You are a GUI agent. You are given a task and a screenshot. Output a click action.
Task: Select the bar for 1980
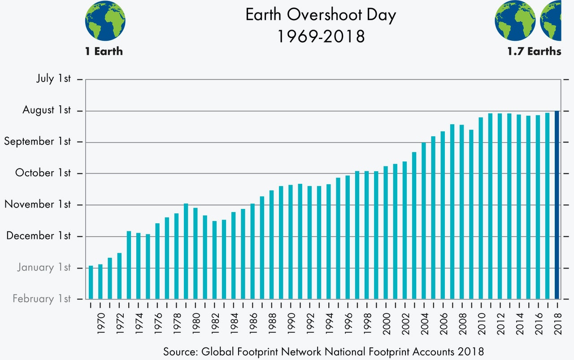[x=196, y=253]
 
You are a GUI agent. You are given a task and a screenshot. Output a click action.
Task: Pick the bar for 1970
[x=100, y=282]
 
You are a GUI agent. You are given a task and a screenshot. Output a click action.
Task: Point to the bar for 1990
[x=291, y=242]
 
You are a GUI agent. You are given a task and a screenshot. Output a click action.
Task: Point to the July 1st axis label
[x=53, y=79]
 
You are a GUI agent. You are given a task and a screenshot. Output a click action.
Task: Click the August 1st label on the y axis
[x=47, y=110]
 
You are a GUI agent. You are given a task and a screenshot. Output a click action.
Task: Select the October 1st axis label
[x=43, y=173]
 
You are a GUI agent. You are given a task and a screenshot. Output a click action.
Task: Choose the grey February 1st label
[x=42, y=299]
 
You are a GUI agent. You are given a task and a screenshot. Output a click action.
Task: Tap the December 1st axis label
[x=39, y=236]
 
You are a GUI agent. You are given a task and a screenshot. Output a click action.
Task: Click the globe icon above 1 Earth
[x=105, y=21]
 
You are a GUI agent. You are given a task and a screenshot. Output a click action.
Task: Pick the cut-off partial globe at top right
[x=551, y=21]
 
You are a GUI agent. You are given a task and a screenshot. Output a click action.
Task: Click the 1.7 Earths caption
[x=534, y=52]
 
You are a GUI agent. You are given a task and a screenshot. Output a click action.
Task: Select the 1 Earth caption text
[x=104, y=52]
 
